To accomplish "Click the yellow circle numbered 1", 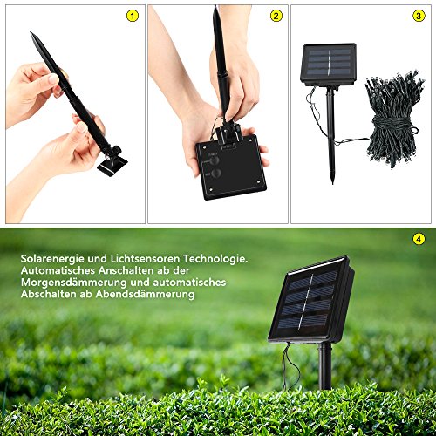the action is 133,16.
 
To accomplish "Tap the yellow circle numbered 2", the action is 276,16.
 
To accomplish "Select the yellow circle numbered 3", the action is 419,16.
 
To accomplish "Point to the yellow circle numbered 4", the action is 419,239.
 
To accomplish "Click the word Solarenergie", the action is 52,259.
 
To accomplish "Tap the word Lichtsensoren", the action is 145,259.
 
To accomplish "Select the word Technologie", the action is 215,259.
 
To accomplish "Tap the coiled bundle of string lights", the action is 392,119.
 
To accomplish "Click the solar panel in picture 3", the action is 329,65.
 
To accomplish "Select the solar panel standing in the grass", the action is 311,299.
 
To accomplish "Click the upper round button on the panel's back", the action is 215,160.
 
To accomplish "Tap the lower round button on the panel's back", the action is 215,174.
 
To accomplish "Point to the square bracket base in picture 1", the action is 112,167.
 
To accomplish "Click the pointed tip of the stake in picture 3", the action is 333,182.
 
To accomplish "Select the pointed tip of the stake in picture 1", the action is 31,32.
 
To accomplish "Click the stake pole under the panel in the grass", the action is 325,365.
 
